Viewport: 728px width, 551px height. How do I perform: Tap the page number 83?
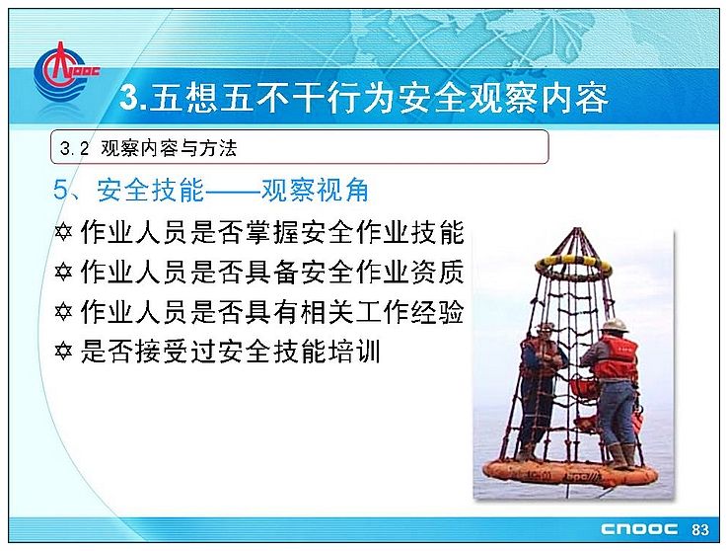700,529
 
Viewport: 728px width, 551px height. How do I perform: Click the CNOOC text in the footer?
639,529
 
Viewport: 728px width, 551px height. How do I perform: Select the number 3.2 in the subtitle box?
74,148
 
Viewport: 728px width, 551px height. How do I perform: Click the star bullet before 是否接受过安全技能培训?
63,351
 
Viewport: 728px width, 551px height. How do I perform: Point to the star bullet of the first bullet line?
63,231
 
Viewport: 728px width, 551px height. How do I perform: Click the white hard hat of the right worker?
615,325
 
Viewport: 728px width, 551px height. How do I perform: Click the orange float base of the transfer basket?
570,474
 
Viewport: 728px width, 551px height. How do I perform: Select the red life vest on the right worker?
616,356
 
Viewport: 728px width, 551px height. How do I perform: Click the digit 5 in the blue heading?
61,191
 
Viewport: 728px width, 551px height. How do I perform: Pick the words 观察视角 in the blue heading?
315,190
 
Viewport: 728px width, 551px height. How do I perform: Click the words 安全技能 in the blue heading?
150,190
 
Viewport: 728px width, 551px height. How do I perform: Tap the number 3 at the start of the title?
128,98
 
